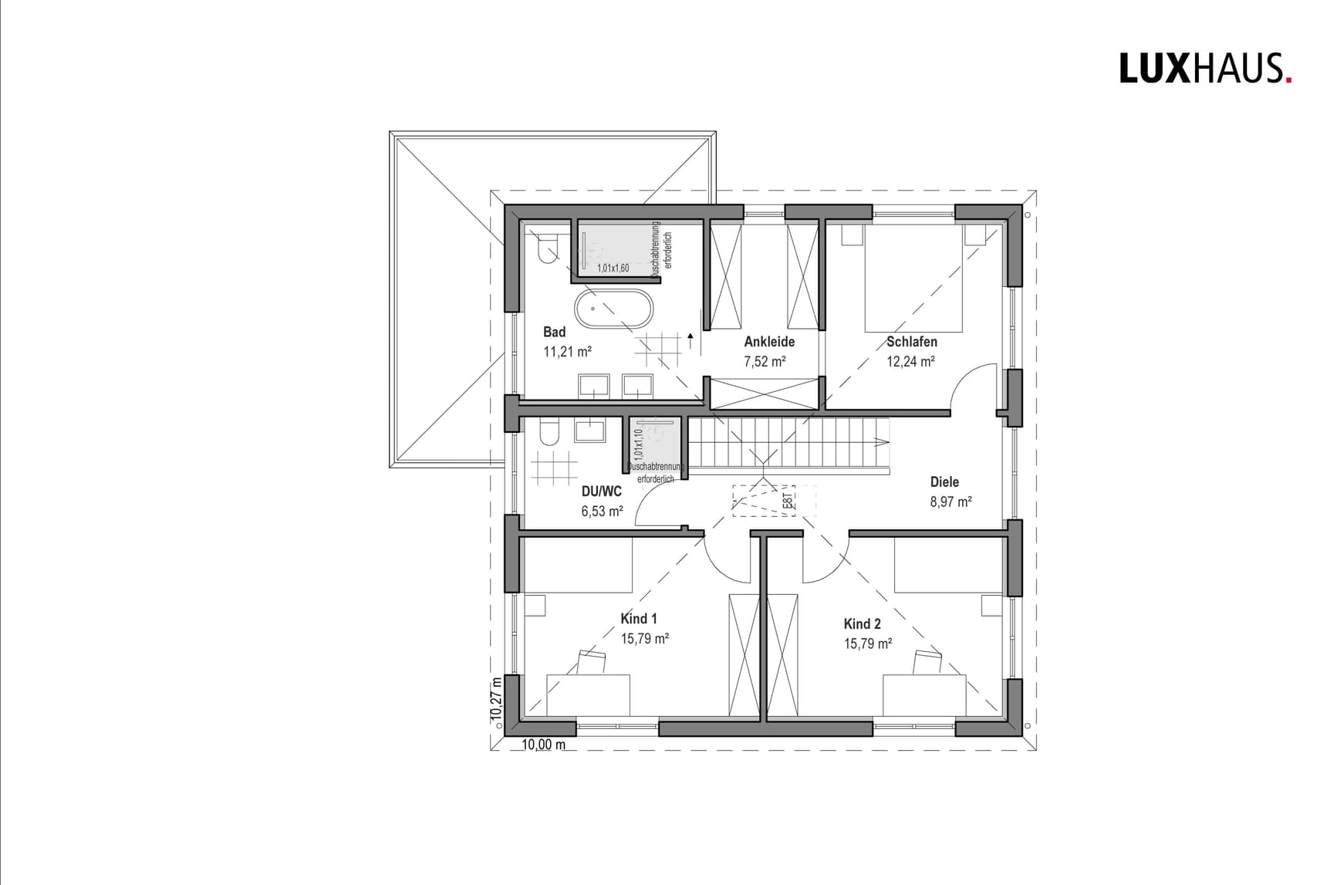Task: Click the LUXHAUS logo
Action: tap(1204, 68)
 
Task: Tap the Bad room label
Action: tap(554, 332)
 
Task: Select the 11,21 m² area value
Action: tap(567, 352)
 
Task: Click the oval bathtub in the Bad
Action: tap(613, 308)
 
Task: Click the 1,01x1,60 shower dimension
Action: tap(613, 268)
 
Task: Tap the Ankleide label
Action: tap(768, 342)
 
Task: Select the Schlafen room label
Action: tap(911, 342)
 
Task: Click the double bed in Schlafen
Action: tap(913, 278)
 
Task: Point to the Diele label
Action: tap(944, 482)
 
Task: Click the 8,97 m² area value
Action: tap(951, 502)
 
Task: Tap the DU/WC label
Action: tap(601, 491)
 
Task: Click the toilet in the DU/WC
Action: tap(548, 434)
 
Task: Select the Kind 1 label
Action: tap(639, 619)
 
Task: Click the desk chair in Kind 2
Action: tap(927, 662)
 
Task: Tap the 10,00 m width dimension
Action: tap(543, 745)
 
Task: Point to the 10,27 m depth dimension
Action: tap(497, 699)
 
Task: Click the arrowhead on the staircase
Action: tap(881, 443)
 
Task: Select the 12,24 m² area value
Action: tap(910, 362)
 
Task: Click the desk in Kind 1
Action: tap(588, 694)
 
